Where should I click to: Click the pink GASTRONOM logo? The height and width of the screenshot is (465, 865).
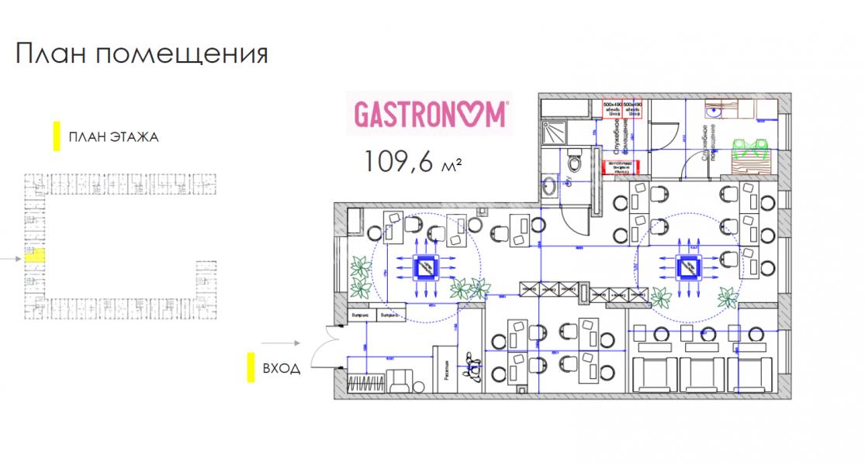[x=431, y=113]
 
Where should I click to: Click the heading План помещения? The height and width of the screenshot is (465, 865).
[x=141, y=54]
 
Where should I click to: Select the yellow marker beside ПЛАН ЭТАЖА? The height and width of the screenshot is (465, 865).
[x=55, y=137]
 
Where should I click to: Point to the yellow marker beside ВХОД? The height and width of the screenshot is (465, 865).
[x=251, y=367]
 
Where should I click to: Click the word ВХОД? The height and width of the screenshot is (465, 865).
[x=281, y=369]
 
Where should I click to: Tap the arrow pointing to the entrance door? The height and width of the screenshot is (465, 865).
[x=280, y=342]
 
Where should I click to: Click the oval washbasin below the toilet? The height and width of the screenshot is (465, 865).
[x=549, y=186]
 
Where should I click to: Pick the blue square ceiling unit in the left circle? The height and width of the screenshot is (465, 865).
[x=427, y=267]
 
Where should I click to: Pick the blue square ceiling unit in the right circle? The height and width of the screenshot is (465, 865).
[x=688, y=267]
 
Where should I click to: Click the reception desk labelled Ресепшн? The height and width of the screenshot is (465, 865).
[x=447, y=370]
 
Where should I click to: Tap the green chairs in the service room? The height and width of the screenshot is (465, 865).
[x=749, y=148]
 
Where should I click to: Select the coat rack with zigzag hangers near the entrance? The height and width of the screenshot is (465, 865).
[x=363, y=383]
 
